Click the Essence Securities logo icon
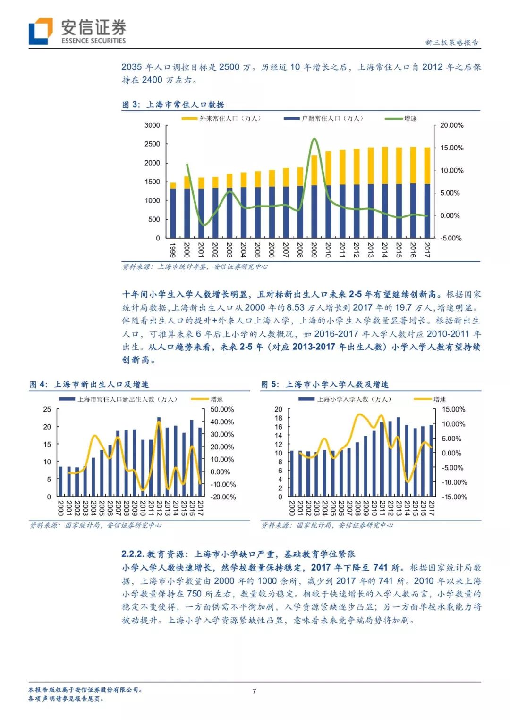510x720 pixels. pyautogui.click(x=41, y=31)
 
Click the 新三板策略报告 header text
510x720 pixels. pyautogui.click(x=452, y=42)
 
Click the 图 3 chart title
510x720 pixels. pyautogui.click(x=173, y=105)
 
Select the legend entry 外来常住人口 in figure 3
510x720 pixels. pyautogui.click(x=222, y=119)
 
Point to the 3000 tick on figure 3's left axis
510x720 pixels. pyautogui.click(x=152, y=125)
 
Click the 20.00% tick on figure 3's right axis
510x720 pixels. pyautogui.click(x=451, y=125)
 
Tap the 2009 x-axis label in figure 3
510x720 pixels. pyautogui.click(x=314, y=249)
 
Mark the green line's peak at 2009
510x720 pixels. pyautogui.click(x=314, y=139)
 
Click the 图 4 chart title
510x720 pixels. pyautogui.click(x=89, y=384)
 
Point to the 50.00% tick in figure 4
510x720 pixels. pyautogui.click(x=222, y=409)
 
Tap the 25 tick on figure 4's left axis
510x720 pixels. pyautogui.click(x=47, y=409)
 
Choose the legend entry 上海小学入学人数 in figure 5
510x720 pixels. pyautogui.click(x=347, y=399)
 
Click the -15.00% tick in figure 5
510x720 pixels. pyautogui.click(x=454, y=497)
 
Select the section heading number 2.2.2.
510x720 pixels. pyautogui.click(x=132, y=554)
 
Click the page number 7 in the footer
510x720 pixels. pyautogui.click(x=254, y=691)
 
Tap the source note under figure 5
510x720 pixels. pyautogui.click(x=327, y=525)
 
